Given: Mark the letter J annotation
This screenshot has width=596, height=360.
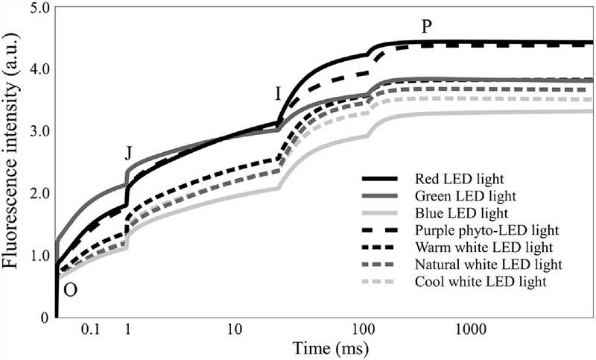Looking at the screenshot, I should coord(128,154).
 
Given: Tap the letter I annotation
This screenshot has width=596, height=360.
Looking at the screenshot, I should coord(278,95).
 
